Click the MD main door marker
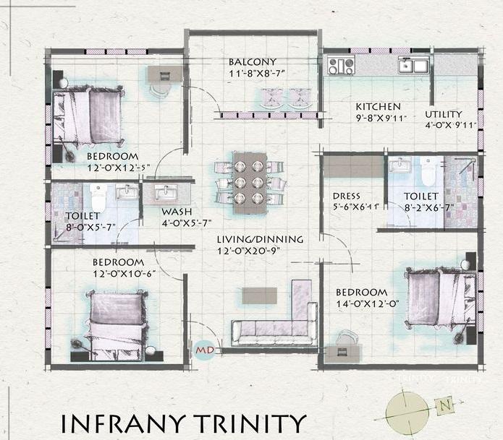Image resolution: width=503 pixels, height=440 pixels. (x=204, y=351)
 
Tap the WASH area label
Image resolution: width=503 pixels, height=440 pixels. (x=176, y=212)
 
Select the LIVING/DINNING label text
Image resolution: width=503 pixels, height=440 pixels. (x=259, y=239)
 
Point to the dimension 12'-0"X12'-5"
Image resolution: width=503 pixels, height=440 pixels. (x=112, y=168)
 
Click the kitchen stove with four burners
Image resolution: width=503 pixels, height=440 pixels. (x=341, y=66)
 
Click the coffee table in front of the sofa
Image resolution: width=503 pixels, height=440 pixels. (x=259, y=296)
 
